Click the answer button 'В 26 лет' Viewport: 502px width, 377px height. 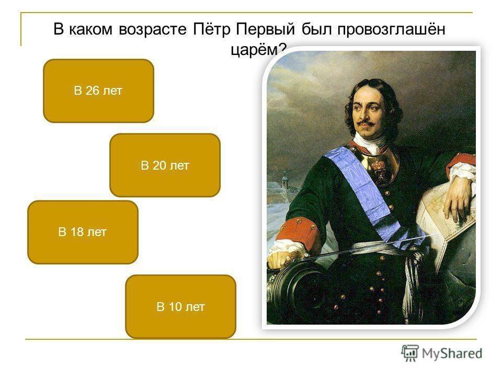pos(99,91)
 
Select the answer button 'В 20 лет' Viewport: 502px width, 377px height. pos(165,165)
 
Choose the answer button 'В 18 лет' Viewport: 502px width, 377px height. pos(83,232)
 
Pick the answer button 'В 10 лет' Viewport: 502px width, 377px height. pos(180,307)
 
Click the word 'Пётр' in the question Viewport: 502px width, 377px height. pos(211,29)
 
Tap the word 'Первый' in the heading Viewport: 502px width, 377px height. pos(266,30)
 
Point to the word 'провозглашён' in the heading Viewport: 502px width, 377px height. pos(391,30)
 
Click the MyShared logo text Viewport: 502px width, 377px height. pos(452,353)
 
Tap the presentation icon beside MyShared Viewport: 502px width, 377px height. pos(410,353)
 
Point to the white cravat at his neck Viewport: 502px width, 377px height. pos(369,142)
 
